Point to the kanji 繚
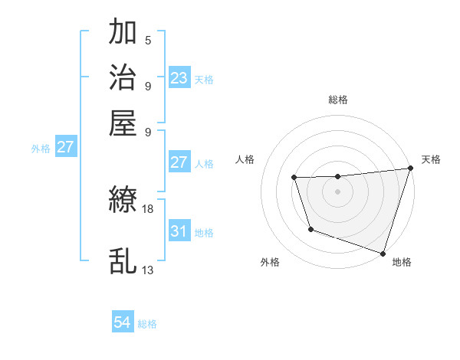click(x=123, y=201)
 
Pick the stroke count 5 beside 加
click(x=148, y=40)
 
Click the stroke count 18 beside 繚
click(x=148, y=208)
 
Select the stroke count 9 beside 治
click(x=148, y=85)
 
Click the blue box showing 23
click(x=179, y=78)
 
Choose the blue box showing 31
click(x=179, y=231)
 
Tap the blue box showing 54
click(x=122, y=323)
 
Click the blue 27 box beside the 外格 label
click(x=64, y=147)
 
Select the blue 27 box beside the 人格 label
click(x=179, y=162)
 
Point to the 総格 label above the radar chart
click(x=338, y=100)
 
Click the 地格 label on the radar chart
click(x=402, y=262)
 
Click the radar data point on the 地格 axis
click(x=383, y=253)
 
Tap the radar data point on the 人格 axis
click(x=294, y=178)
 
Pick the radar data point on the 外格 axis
click(x=310, y=229)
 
